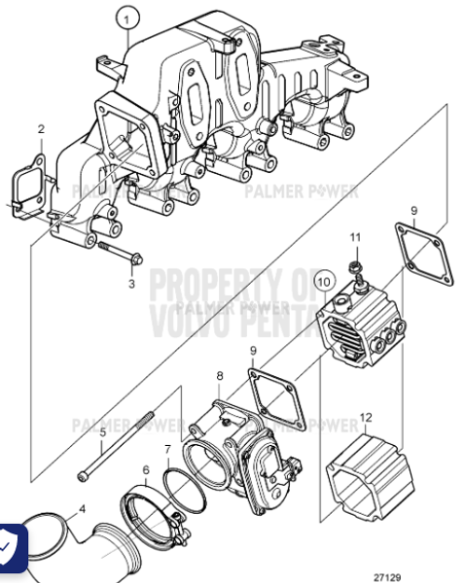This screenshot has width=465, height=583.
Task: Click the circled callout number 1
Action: click(x=125, y=17)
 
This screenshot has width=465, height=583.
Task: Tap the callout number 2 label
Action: click(x=41, y=129)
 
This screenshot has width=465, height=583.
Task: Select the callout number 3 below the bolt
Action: click(x=132, y=285)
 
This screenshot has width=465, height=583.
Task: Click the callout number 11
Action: click(x=355, y=238)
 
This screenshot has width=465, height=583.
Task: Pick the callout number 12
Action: click(x=366, y=418)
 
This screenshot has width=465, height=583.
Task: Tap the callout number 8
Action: click(x=220, y=375)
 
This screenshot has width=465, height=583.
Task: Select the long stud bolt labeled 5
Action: click(x=128, y=434)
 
